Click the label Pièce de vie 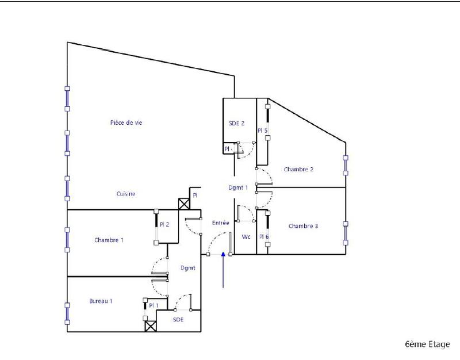click(x=125, y=122)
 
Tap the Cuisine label click(x=126, y=194)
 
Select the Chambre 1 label click(x=109, y=240)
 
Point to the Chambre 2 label click(x=298, y=169)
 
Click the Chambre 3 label click(x=303, y=226)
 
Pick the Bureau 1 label click(x=101, y=301)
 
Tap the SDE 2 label click(x=237, y=123)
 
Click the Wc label click(x=246, y=236)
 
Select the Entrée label click(x=220, y=223)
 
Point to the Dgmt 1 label click(x=237, y=187)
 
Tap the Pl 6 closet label click(x=263, y=236)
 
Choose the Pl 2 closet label click(x=164, y=224)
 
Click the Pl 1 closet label click(x=154, y=305)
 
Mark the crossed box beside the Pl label click(x=184, y=204)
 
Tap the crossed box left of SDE click(x=151, y=326)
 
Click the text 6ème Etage click(x=427, y=344)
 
